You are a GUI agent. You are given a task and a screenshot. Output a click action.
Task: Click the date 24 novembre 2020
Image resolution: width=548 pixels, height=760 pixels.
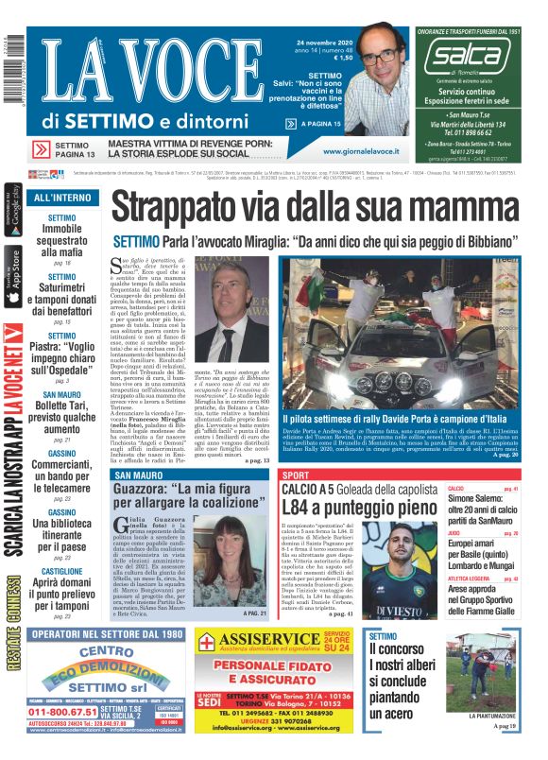[324, 42]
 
